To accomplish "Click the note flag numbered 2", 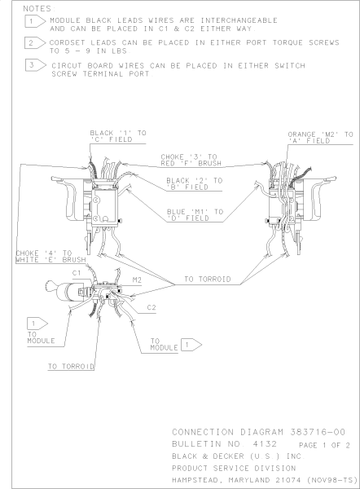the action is pos(35,42).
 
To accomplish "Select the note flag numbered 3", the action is pos(36,65).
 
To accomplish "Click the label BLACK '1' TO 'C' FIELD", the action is pos(118,136).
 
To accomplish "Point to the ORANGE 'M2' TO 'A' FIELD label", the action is pos(320,138).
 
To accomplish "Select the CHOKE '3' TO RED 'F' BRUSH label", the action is pos(191,160).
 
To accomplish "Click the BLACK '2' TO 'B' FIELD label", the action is pos(194,183).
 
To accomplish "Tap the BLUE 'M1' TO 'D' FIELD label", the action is pos(195,215).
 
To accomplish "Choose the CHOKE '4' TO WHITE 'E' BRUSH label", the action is pos(50,257).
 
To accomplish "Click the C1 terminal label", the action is pos(77,273).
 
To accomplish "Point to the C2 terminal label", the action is pos(151,307).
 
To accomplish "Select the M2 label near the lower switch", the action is pos(137,280).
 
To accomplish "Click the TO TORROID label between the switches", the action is pos(208,279).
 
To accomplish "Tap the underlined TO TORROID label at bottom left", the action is pos(71,367).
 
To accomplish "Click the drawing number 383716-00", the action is pos(318,432).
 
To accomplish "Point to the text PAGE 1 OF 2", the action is pos(324,445).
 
